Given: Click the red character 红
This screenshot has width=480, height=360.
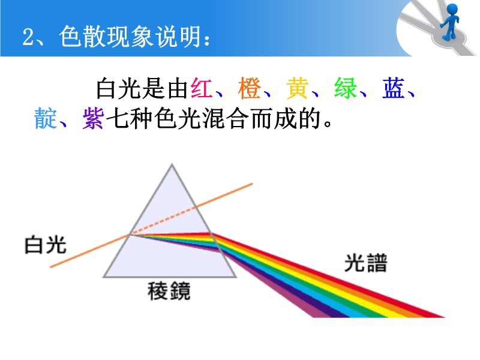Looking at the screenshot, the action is pos(202,88).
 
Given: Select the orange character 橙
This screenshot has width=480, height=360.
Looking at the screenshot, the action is pos(250,88).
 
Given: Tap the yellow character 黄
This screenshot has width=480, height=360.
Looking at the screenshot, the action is pos(297,88).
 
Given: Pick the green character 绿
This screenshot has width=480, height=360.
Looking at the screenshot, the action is pos(346,88).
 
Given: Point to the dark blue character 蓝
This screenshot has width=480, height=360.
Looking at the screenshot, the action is pos(394,88).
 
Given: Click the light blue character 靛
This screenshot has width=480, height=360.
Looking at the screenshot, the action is pos(46,118).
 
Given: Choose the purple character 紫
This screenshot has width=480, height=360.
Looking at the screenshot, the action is pos(94,118).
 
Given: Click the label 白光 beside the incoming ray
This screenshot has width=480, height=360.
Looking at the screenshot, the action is pos(46,245).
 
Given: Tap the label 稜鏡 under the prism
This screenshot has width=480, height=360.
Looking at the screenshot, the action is pos(169,291).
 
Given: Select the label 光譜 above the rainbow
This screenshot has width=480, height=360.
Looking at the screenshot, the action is pos(366,263).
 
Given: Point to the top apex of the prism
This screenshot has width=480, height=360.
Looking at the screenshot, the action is pos(172,164).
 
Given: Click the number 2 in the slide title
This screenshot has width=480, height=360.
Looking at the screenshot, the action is pos(28,37).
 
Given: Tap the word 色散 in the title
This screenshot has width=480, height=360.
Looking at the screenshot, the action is pos(82,37).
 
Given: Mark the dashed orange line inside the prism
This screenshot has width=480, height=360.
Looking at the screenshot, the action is pos(164,221).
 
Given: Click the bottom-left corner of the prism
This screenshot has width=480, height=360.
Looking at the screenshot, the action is pos(103,277).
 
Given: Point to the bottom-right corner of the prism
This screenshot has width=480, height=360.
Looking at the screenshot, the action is pos(236,277).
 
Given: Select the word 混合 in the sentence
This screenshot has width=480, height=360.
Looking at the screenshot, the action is pos(226,118).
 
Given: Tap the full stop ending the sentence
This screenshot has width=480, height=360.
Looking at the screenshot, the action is pos(328,124).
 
